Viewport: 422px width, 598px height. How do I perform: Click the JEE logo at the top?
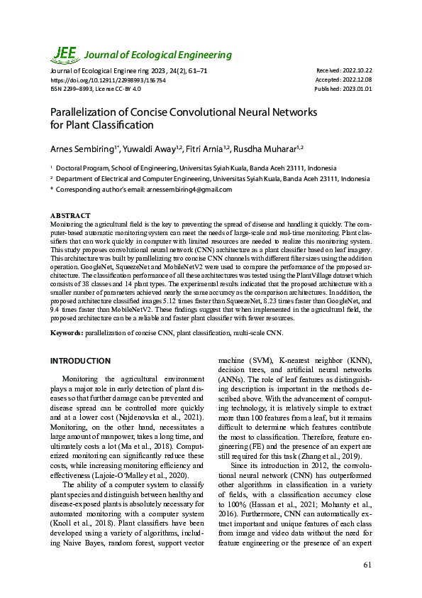coord(65,53)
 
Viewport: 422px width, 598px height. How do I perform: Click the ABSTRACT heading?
coord(70,215)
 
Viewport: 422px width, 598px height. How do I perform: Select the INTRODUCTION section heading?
coord(80,361)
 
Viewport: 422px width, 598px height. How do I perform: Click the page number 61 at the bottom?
coord(367,565)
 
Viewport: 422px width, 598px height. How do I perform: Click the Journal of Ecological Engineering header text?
coord(158,55)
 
